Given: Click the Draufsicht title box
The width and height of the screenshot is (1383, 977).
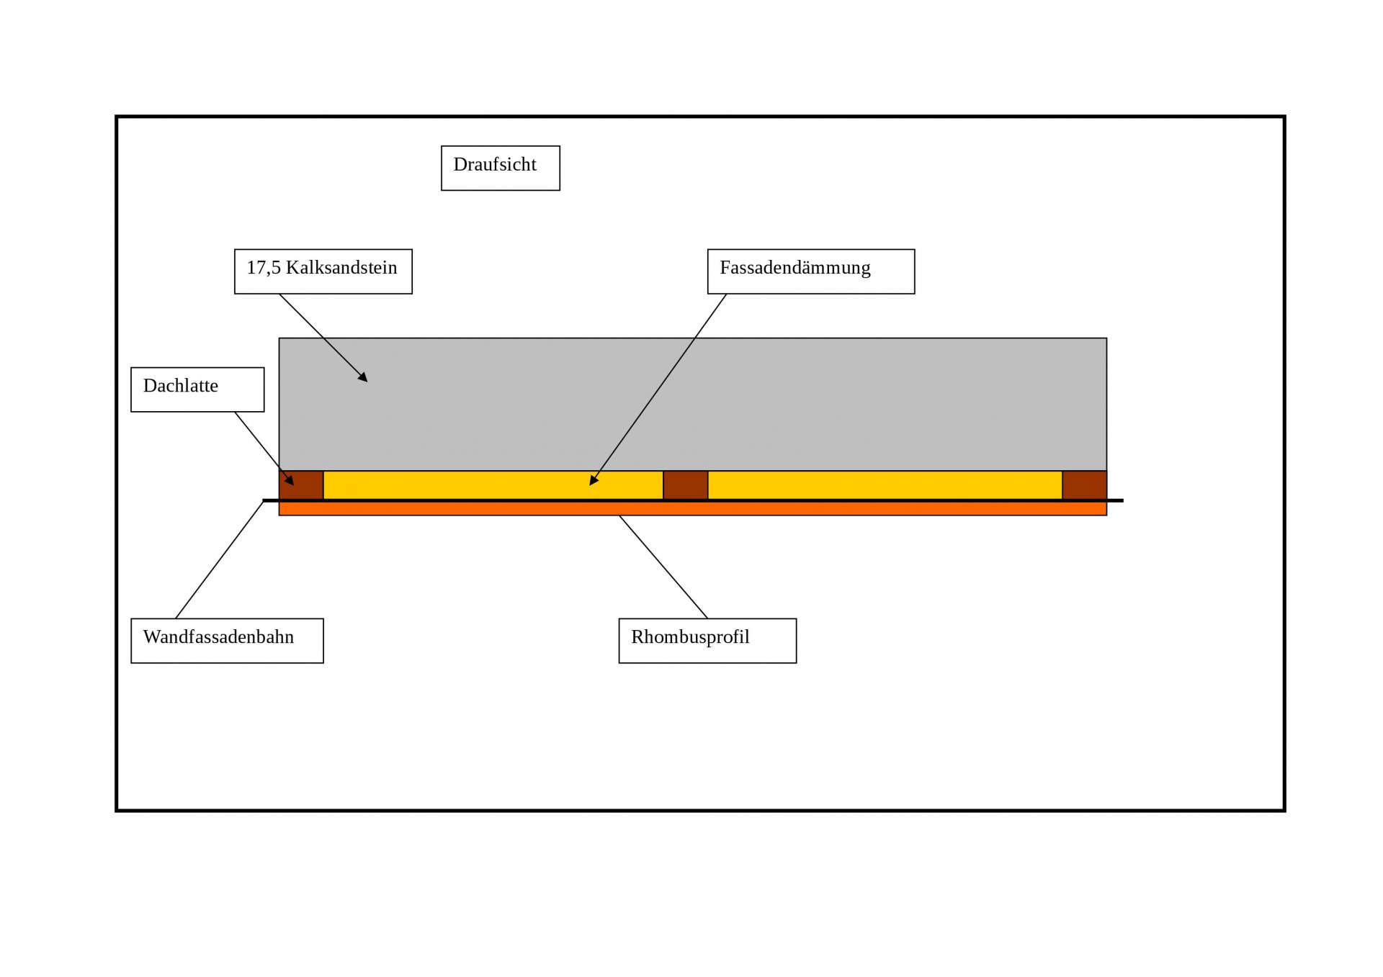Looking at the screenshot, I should pyautogui.click(x=500, y=168).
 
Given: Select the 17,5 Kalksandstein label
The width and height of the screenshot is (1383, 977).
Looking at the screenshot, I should pyautogui.click(x=323, y=271).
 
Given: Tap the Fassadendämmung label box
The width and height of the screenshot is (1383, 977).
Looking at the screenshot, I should pyautogui.click(x=810, y=271).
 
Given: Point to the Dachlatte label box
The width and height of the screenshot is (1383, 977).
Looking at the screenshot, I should pyautogui.click(x=197, y=390).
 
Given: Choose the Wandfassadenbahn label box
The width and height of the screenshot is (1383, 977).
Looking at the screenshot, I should pyautogui.click(x=227, y=640).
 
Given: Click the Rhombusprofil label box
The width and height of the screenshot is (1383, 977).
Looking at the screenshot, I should pyautogui.click(x=707, y=640).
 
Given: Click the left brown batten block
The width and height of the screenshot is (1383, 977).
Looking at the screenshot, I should pyautogui.click(x=301, y=485).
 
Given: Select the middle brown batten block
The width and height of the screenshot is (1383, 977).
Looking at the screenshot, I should pyautogui.click(x=685, y=485).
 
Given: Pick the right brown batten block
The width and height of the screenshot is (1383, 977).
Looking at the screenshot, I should pyautogui.click(x=1084, y=485).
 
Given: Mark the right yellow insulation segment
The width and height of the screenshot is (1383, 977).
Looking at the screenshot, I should pyautogui.click(x=885, y=485).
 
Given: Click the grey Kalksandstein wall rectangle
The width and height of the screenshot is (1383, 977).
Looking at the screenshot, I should pyautogui.click(x=692, y=404).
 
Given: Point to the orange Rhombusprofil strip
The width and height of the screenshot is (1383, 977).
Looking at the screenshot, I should pyautogui.click(x=692, y=509).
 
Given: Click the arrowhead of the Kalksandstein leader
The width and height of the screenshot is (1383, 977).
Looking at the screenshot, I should pyautogui.click(x=364, y=378).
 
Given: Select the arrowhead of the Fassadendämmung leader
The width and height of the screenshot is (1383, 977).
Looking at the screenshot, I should pyautogui.click(x=593, y=481).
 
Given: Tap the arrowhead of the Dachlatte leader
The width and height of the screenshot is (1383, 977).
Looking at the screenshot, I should pyautogui.click(x=290, y=480).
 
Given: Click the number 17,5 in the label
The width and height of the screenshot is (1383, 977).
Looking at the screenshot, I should pyautogui.click(x=263, y=268).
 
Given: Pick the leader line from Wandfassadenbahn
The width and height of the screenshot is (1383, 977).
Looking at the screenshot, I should pyautogui.click(x=220, y=559).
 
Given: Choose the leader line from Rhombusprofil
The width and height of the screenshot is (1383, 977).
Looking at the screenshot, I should pyautogui.click(x=663, y=567).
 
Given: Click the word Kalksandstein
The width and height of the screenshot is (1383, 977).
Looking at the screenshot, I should pyautogui.click(x=341, y=268).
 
